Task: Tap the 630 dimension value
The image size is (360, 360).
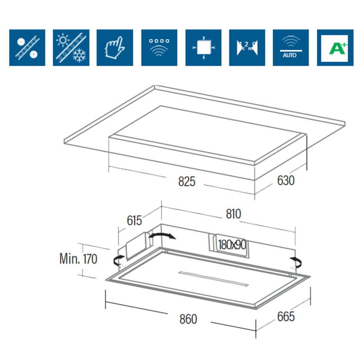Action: (x=285, y=181)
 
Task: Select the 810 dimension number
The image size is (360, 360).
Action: (x=232, y=213)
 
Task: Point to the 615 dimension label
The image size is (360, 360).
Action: (x=134, y=221)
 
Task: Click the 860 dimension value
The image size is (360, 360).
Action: (x=188, y=319)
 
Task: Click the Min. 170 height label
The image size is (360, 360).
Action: (x=78, y=258)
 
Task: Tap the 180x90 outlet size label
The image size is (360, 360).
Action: (x=231, y=245)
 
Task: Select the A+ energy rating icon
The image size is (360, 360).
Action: (x=335, y=48)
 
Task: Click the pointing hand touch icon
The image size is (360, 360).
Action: (x=115, y=48)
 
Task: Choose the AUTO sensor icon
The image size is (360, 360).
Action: (x=291, y=48)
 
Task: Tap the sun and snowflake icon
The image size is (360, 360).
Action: (x=71, y=48)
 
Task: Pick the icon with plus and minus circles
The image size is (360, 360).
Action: (x=27, y=48)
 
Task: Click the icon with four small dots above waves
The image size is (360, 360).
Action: (x=159, y=48)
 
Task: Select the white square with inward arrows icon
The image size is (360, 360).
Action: (x=203, y=48)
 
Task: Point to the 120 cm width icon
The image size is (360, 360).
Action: (x=247, y=48)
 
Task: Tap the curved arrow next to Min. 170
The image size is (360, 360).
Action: (x=118, y=258)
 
